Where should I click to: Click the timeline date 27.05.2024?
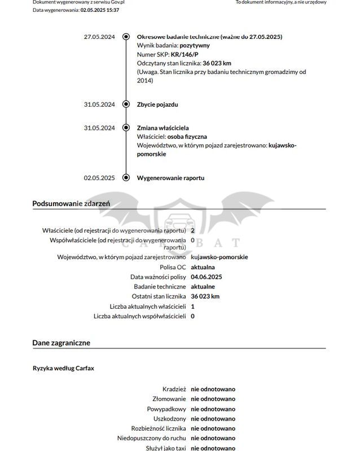(x=99, y=37)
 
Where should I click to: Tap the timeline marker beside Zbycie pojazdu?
(x=126, y=104)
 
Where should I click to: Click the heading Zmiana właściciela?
(x=163, y=128)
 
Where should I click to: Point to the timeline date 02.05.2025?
(x=99, y=178)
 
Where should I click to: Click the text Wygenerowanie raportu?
(x=170, y=178)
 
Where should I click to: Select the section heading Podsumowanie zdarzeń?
(x=71, y=203)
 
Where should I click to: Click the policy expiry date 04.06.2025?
(x=207, y=277)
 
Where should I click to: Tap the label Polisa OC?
(x=173, y=267)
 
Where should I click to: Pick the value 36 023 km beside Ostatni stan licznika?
(x=205, y=296)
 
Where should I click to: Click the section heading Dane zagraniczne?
(x=61, y=343)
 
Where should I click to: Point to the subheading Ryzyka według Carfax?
(x=64, y=368)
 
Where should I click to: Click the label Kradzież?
(x=174, y=389)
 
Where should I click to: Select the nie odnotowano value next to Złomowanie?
(x=213, y=399)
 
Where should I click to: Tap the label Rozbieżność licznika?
(x=159, y=428)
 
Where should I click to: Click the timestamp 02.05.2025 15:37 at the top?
(x=100, y=10)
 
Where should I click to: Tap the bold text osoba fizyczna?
(x=191, y=137)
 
